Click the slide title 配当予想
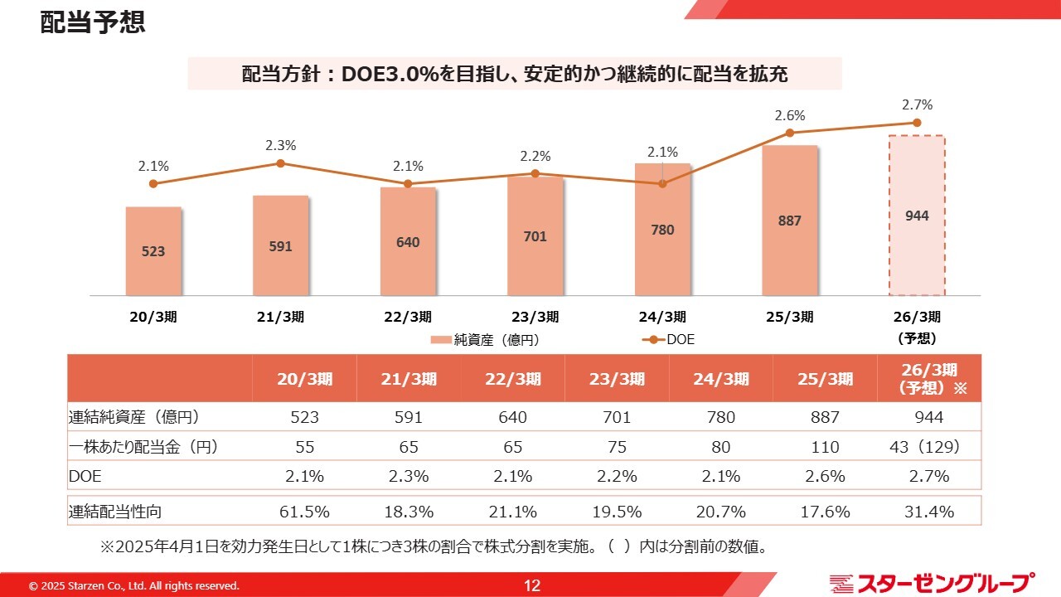[x=93, y=22]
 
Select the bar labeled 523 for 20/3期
[x=153, y=250]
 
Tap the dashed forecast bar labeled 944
[x=917, y=216]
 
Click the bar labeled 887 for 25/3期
[x=790, y=221]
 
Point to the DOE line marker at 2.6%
[x=790, y=133]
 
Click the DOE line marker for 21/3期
[x=280, y=163]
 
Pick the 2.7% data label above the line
[x=918, y=105]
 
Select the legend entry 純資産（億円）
[x=490, y=339]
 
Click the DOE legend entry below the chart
[x=670, y=339]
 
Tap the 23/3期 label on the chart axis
[x=535, y=317]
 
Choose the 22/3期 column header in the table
[x=512, y=379]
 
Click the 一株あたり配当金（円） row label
[x=143, y=447]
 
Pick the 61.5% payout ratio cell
[x=304, y=512]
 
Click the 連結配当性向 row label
[x=115, y=512]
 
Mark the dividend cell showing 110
[x=825, y=447]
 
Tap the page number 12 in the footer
[x=531, y=585]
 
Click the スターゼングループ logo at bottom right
[x=932, y=584]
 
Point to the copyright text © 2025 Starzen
[x=134, y=586]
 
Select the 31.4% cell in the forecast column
[x=928, y=512]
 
